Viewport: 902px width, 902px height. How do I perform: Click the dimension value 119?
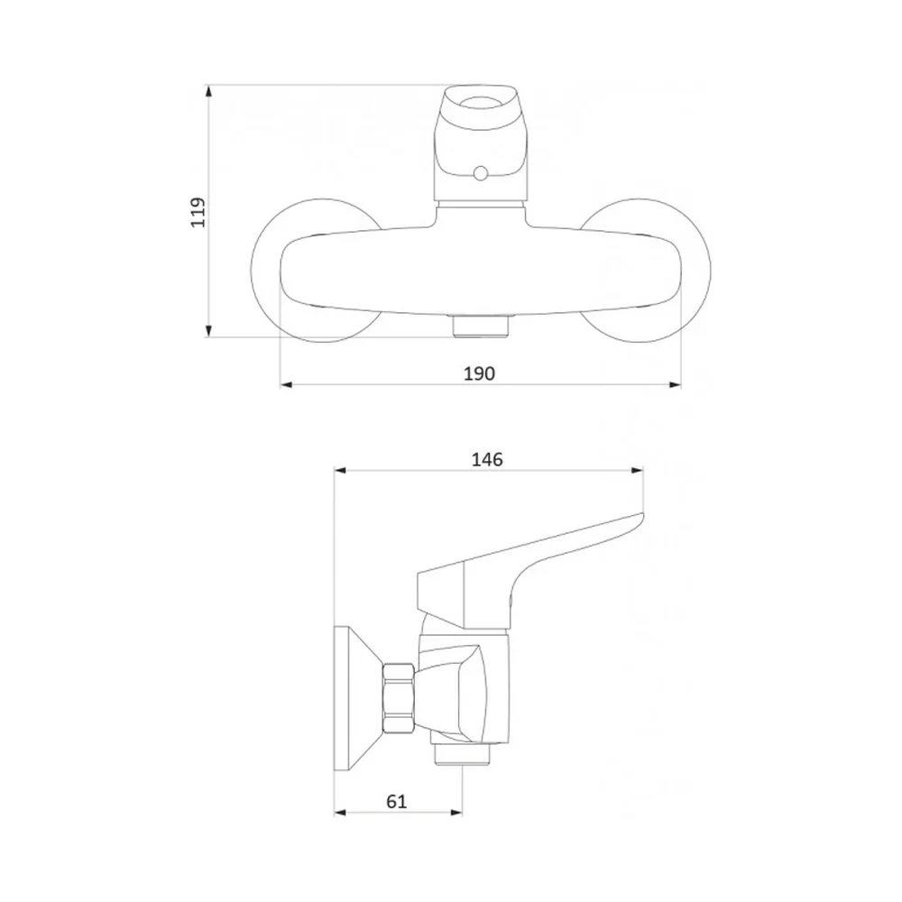coord(198,212)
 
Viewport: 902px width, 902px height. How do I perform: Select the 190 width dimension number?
coord(479,374)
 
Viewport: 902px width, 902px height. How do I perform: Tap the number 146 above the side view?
coord(487,460)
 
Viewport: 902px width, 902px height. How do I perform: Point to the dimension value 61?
coord(397,801)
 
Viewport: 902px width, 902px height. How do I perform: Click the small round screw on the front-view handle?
coord(479,172)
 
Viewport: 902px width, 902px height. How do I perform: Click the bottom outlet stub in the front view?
coord(481,327)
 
